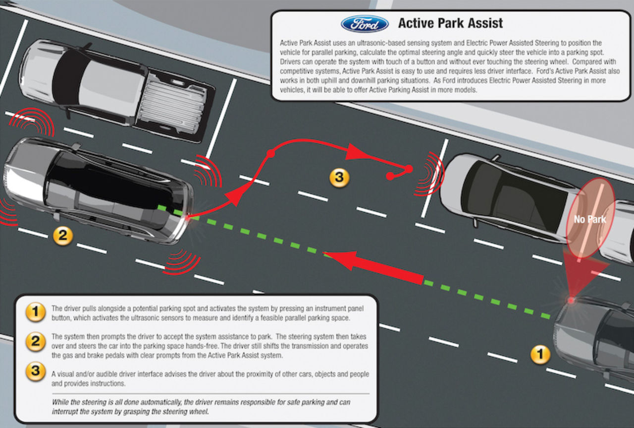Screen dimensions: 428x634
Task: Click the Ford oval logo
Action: pos(365,23)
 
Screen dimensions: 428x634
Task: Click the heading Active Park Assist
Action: pos(450,23)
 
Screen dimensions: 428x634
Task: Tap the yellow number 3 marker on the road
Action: pos(339,178)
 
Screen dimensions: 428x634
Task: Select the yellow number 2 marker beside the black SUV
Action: pos(62,236)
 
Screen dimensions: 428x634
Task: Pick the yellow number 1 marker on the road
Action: pos(540,354)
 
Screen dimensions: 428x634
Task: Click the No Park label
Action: pos(590,219)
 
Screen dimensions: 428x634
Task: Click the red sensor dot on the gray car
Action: pos(571,300)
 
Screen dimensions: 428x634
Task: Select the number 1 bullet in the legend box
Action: pos(35,312)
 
